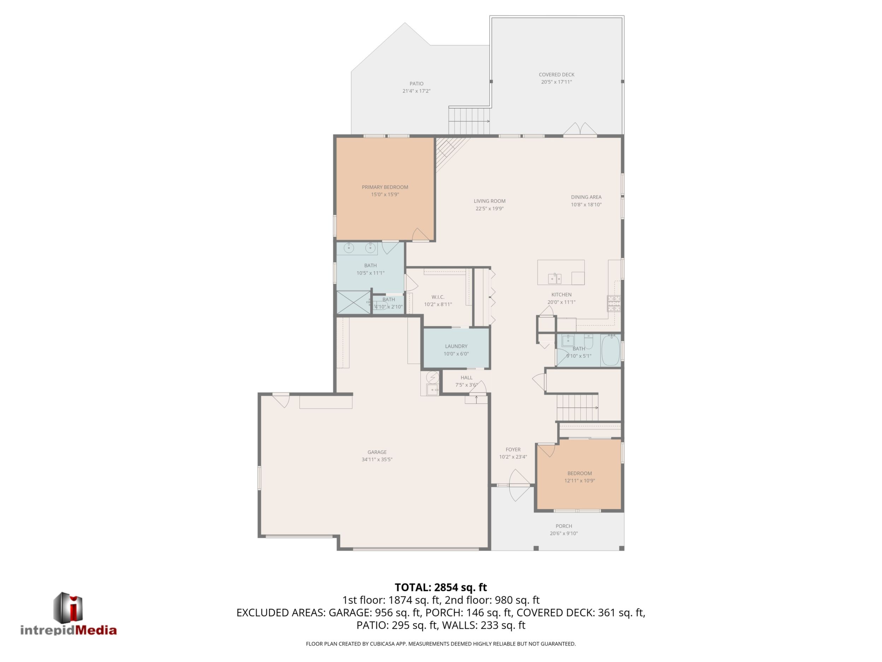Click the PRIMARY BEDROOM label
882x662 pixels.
click(x=385, y=187)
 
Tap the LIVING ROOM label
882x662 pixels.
click(x=489, y=201)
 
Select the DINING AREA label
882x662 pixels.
click(x=586, y=197)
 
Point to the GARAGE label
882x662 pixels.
click(x=377, y=452)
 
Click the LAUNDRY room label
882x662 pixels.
click(x=456, y=346)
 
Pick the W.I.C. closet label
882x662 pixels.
click(x=438, y=297)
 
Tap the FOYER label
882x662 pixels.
click(x=513, y=449)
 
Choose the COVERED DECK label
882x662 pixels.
click(x=556, y=75)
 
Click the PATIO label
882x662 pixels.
click(x=416, y=84)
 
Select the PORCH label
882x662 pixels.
click(x=564, y=526)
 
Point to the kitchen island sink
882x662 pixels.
click(x=555, y=278)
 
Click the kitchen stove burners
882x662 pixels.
click(x=614, y=303)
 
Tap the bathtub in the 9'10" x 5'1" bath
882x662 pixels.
click(x=611, y=351)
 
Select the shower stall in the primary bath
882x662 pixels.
click(x=354, y=302)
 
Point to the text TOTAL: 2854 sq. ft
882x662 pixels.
click(x=441, y=587)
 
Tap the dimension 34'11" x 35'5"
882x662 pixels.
click(x=377, y=459)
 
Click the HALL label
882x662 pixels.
click(x=466, y=377)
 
